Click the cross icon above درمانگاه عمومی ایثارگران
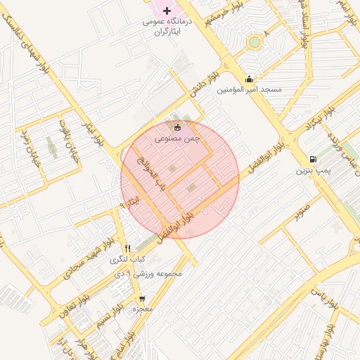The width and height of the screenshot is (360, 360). pyautogui.click(x=167, y=11)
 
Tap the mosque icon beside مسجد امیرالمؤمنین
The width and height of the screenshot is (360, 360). pyautogui.click(x=249, y=79)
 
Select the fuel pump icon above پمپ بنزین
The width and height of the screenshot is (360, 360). pyautogui.click(x=312, y=159)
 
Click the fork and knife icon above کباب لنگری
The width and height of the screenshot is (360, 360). pyautogui.click(x=127, y=248)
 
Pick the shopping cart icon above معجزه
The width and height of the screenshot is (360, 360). pyautogui.click(x=143, y=298)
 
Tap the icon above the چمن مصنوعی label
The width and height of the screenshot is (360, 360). pyautogui.click(x=177, y=128)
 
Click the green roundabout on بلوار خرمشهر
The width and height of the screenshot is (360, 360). pyautogui.click(x=254, y=42)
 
